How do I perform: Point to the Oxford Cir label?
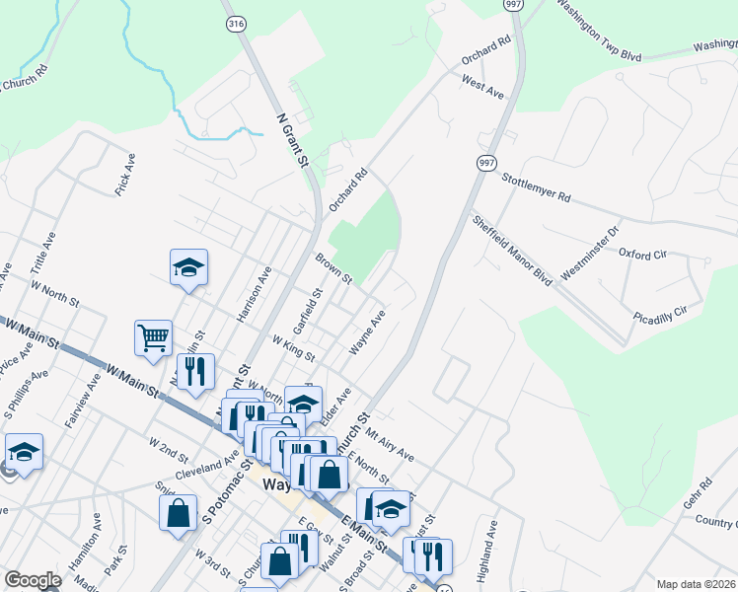(x=643, y=254)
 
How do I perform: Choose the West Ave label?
(x=482, y=87)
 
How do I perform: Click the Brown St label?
(x=333, y=270)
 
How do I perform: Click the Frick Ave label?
(x=124, y=174)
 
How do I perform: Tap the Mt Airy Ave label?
(x=390, y=443)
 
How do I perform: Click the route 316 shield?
(x=235, y=25)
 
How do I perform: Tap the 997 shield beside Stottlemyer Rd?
(x=485, y=164)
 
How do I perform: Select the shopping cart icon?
(x=154, y=337)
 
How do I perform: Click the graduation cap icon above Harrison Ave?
(x=188, y=266)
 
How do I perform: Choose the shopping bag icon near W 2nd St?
(x=178, y=512)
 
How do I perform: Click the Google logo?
(x=33, y=580)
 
